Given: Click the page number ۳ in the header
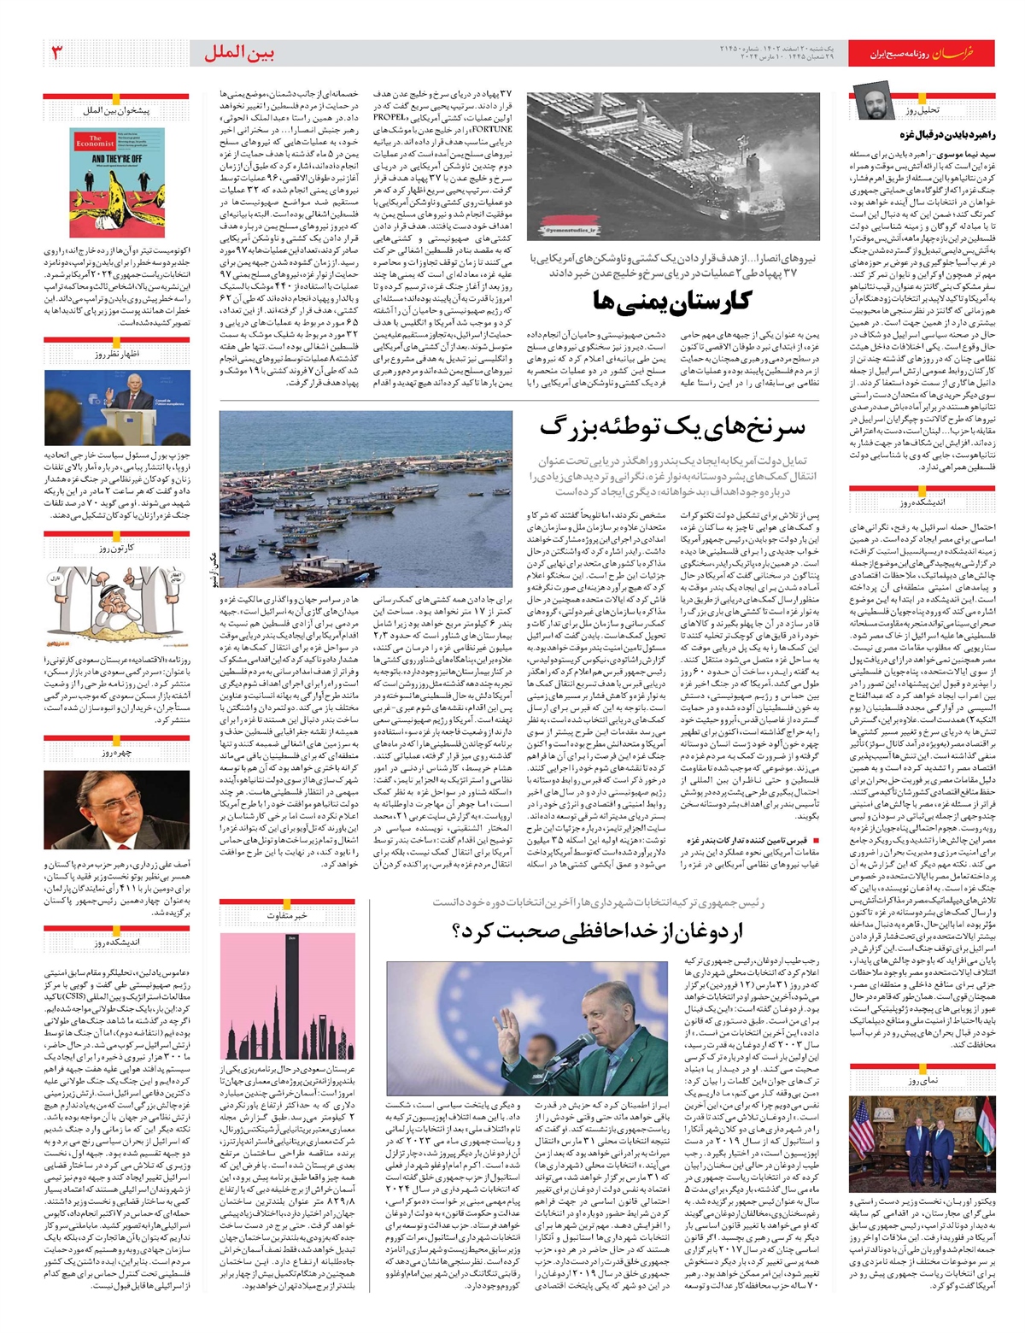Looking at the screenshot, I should pos(56,53).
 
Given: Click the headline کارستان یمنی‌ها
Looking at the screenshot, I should pos(672,301).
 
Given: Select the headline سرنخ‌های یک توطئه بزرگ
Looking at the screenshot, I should pos(671,427).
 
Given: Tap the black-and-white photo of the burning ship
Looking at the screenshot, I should pos(672,166).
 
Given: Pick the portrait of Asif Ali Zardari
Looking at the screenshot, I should pos(116,809).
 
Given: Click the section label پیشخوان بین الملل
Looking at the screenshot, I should pos(116,111).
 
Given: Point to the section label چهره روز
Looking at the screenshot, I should pos(116,754).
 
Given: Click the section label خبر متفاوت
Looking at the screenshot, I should pos(287,915).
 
